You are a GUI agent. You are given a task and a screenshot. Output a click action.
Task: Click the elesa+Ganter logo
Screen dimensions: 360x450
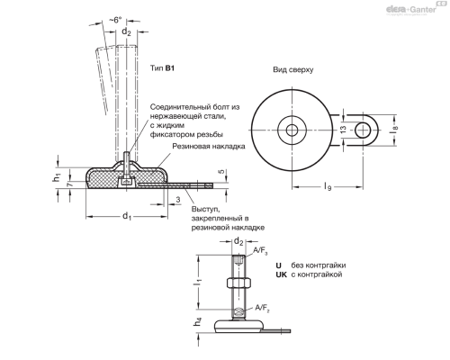409,9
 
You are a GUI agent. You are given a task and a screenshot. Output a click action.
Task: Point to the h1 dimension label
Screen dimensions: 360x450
56,175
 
